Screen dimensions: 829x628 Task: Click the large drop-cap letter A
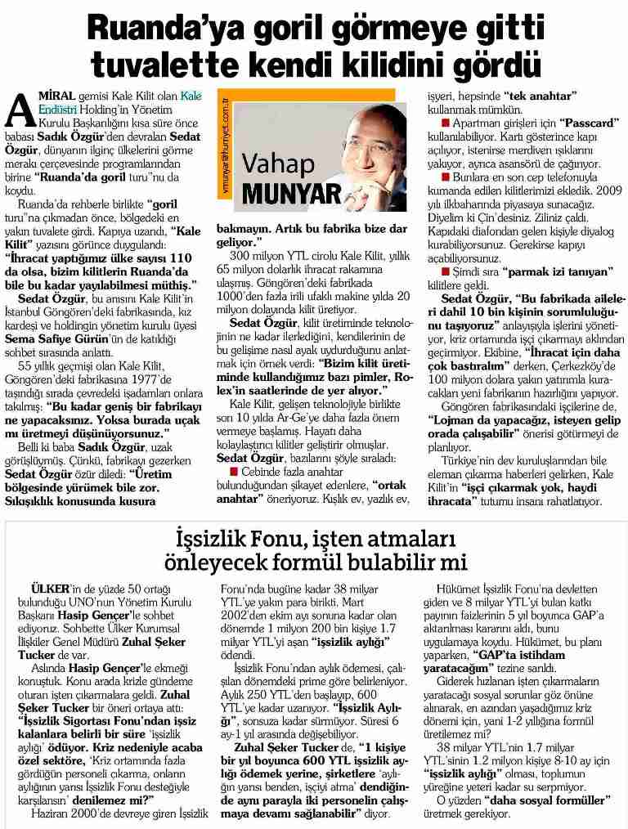(x=18, y=107)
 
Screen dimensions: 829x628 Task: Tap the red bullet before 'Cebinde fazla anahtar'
(x=233, y=473)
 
